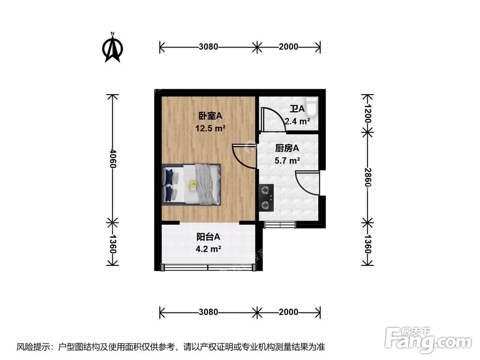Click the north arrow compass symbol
pyautogui.click(x=113, y=48)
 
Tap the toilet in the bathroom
pyautogui.click(x=312, y=107)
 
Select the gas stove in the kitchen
pyautogui.click(x=265, y=198)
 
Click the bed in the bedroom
pyautogui.click(x=192, y=184)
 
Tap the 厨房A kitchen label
pyautogui.click(x=287, y=148)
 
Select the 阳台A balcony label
pyautogui.click(x=208, y=237)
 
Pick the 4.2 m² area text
pyautogui.click(x=208, y=249)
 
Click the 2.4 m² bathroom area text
pyautogui.click(x=297, y=121)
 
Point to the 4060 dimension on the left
pyautogui.click(x=112, y=158)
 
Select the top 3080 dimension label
pyautogui.click(x=208, y=47)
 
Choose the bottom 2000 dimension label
pyautogui.click(x=288, y=312)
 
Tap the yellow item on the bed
pyautogui.click(x=193, y=185)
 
